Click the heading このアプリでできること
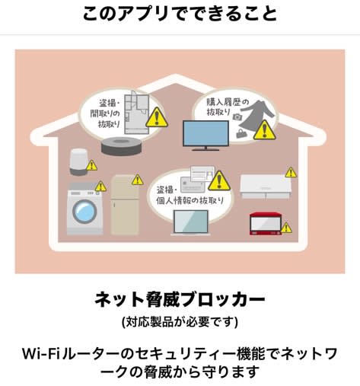180,13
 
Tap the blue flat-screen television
205,136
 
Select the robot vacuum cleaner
122,146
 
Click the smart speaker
78,162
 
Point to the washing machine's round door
84,212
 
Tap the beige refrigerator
125,205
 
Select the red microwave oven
266,224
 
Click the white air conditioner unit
265,187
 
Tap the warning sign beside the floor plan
157,117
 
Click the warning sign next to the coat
265,130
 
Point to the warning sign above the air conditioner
291,172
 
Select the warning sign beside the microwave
286,228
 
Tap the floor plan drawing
136,112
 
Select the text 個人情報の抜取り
190,201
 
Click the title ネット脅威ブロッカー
180,299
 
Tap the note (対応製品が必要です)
180,322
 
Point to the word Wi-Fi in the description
41,353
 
